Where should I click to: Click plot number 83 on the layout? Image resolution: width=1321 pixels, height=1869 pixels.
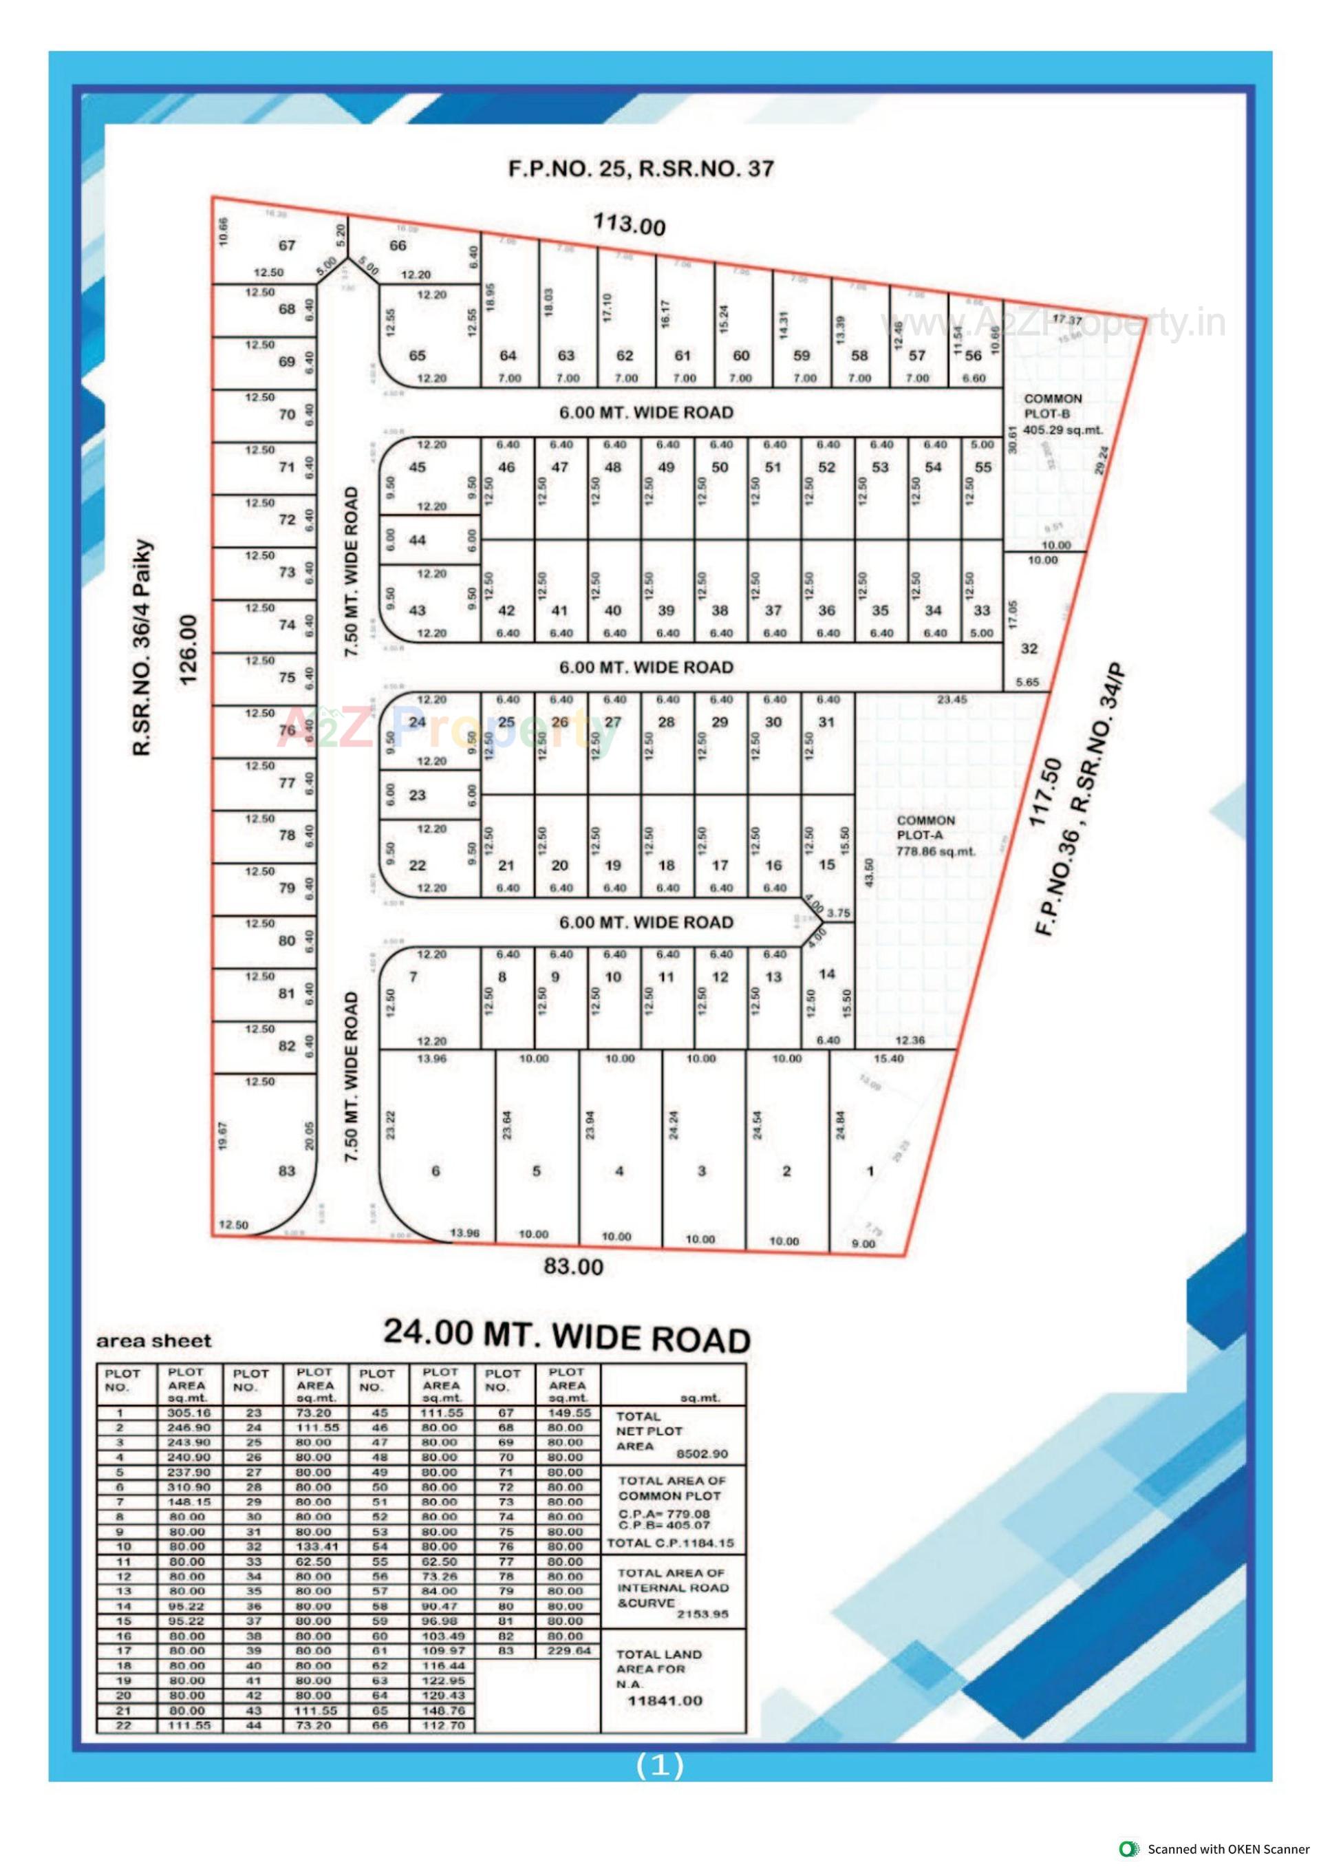(x=286, y=1171)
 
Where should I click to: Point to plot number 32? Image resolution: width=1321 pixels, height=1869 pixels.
(x=1029, y=648)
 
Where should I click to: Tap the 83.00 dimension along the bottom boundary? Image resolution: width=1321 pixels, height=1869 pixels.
(x=574, y=1267)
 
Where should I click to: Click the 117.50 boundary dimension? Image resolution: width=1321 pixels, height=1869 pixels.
(x=1046, y=791)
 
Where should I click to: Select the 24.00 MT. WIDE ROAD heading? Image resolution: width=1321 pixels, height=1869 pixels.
(x=566, y=1336)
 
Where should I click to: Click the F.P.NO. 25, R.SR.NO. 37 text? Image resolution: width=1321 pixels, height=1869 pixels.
(x=641, y=169)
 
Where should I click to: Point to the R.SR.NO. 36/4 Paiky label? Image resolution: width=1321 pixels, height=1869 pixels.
(x=143, y=646)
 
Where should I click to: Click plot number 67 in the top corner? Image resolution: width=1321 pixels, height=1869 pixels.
(x=288, y=245)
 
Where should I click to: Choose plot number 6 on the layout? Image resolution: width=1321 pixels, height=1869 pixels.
(x=436, y=1171)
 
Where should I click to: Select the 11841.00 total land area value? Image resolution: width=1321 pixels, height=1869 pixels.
(x=665, y=1700)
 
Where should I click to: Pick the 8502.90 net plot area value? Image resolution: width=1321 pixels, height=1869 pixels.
(x=702, y=1454)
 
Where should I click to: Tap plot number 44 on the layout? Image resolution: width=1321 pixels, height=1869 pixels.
(x=418, y=540)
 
